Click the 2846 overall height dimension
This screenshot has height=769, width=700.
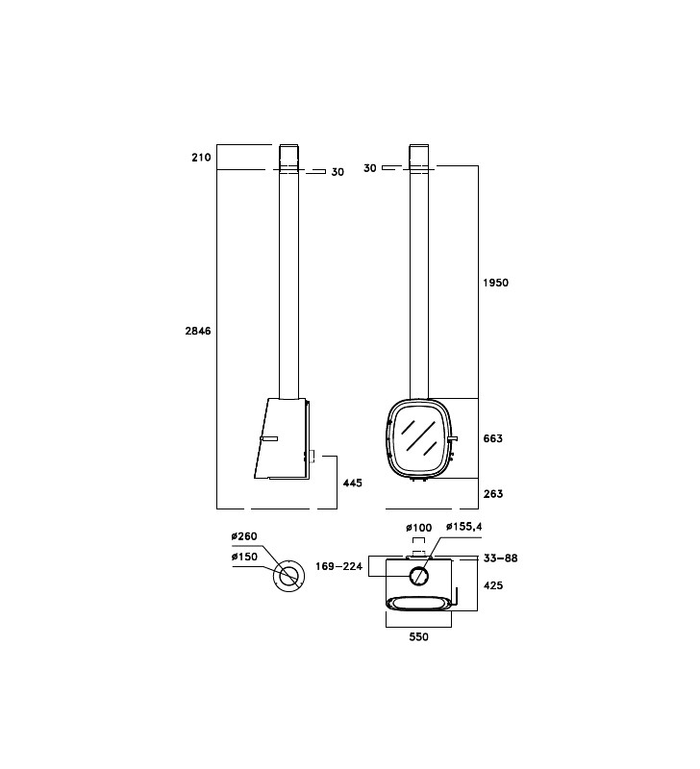point(198,331)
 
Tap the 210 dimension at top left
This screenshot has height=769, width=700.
point(201,158)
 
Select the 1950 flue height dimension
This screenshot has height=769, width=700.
point(495,283)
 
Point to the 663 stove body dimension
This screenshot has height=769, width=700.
point(492,438)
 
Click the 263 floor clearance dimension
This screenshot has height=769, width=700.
point(493,494)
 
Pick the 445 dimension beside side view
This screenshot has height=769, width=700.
point(352,484)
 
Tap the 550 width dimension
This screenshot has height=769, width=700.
point(418,636)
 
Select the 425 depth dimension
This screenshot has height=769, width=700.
point(493,585)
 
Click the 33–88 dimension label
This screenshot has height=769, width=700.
point(500,558)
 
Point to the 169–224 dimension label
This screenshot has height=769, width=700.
point(338,566)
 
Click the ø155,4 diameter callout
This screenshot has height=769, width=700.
point(464,527)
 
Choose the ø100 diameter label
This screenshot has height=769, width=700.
point(418,528)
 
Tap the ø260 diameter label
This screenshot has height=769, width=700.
point(244,536)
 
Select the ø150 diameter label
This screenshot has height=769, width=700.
point(244,557)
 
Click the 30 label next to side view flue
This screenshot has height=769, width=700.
point(337,172)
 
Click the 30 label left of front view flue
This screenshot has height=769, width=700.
point(370,168)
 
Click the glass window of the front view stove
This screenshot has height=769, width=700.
point(418,437)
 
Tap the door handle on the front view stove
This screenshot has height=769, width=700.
point(452,438)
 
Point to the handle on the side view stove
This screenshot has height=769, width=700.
point(269,438)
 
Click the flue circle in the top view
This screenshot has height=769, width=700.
point(418,575)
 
